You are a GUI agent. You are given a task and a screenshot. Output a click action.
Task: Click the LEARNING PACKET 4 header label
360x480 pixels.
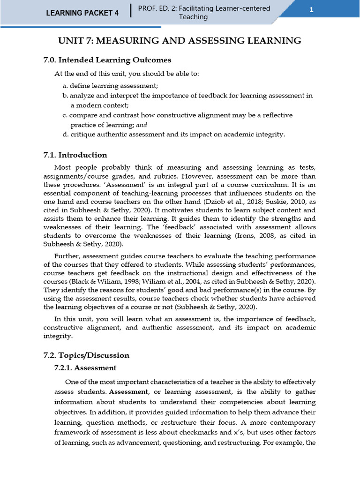click(82, 13)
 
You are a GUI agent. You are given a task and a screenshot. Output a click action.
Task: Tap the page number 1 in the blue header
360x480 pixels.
click(311, 12)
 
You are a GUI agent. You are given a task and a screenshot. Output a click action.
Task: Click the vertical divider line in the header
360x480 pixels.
click(131, 11)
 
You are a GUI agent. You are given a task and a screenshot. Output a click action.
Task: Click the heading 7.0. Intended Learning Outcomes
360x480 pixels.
click(107, 60)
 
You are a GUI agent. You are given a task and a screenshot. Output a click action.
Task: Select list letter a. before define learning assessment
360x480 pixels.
click(65, 86)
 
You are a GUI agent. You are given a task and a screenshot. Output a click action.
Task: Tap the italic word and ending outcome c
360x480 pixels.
click(142, 125)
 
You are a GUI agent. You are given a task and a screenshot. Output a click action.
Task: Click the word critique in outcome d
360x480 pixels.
click(84, 135)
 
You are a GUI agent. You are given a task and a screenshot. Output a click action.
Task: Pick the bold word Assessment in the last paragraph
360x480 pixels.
click(129, 392)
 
